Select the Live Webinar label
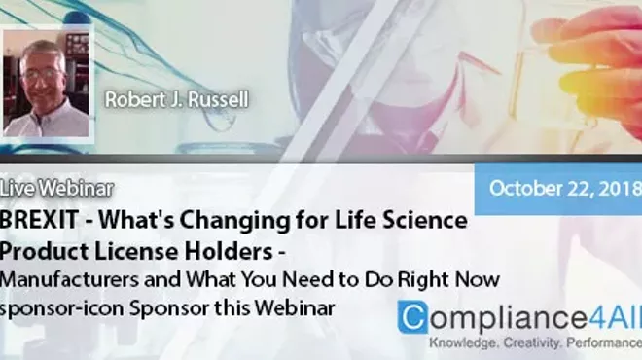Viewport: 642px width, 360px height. coord(57,188)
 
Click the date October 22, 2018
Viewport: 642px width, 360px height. coord(563,188)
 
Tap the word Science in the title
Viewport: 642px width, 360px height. coord(425,220)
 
